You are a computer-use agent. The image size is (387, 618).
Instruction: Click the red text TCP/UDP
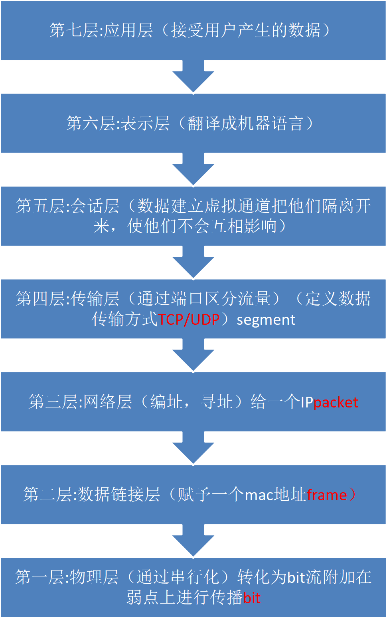point(189,320)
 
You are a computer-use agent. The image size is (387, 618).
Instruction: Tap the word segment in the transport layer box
point(266,320)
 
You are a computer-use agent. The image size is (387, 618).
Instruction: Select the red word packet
point(336,402)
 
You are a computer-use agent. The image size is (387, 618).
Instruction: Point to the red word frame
point(327,495)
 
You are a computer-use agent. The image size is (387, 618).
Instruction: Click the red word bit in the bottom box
point(252,598)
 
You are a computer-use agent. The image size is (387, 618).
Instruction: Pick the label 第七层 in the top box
point(74,30)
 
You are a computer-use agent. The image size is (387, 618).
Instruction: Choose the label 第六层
point(91,123)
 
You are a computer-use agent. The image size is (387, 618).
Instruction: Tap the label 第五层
point(40,206)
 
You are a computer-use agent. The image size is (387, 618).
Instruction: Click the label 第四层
point(40,299)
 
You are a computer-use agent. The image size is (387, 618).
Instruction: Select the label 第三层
point(53,402)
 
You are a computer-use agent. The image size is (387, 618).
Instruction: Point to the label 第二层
point(47,495)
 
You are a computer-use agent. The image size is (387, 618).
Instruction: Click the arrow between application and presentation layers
point(193,77)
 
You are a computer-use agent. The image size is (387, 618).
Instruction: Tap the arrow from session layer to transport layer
point(193,262)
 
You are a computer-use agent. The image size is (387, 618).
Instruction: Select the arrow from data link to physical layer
point(193,541)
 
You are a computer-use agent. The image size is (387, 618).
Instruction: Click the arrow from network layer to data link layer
point(193,448)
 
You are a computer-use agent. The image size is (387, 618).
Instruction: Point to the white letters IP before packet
point(307,402)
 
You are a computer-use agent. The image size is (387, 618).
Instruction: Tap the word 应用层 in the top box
point(128,30)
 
